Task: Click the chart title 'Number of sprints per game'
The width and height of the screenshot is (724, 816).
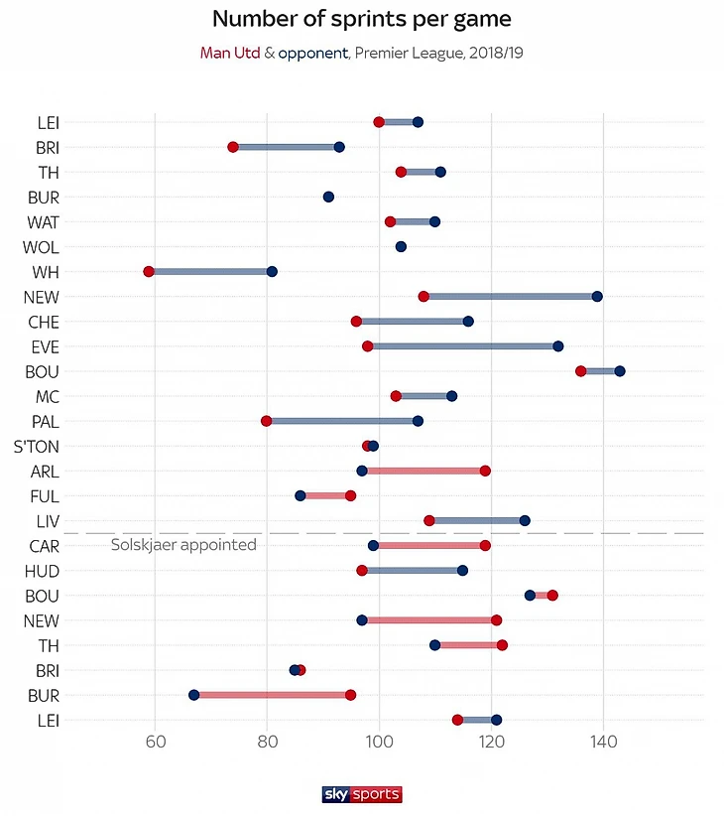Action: (x=362, y=19)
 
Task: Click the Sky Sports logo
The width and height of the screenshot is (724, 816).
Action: (x=362, y=794)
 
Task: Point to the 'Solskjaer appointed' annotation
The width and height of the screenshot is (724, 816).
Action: (x=183, y=545)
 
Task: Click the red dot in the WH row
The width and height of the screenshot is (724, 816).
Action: (x=149, y=271)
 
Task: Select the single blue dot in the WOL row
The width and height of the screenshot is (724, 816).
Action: (x=401, y=246)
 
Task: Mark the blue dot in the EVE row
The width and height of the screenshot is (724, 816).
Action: (x=558, y=346)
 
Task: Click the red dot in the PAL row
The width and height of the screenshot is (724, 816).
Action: (x=266, y=421)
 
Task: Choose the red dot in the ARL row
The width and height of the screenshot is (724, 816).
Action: (x=485, y=471)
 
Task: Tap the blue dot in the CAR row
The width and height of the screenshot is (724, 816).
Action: (x=373, y=545)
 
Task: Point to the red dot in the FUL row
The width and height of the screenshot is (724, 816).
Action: (x=350, y=495)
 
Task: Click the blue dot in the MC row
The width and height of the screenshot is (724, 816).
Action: (x=451, y=396)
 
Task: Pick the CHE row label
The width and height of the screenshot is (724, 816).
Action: (x=44, y=322)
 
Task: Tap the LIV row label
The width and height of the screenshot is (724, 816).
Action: (x=47, y=520)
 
